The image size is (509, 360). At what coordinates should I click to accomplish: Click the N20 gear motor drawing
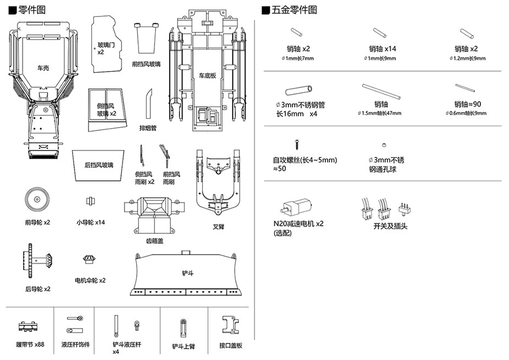coord(296,207)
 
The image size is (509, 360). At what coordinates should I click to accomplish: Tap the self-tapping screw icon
coord(297,146)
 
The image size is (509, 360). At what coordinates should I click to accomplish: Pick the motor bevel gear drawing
coord(90,259)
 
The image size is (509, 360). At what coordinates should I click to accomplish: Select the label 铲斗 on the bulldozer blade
coord(188,273)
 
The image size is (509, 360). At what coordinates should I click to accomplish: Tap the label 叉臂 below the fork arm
coord(218,226)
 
